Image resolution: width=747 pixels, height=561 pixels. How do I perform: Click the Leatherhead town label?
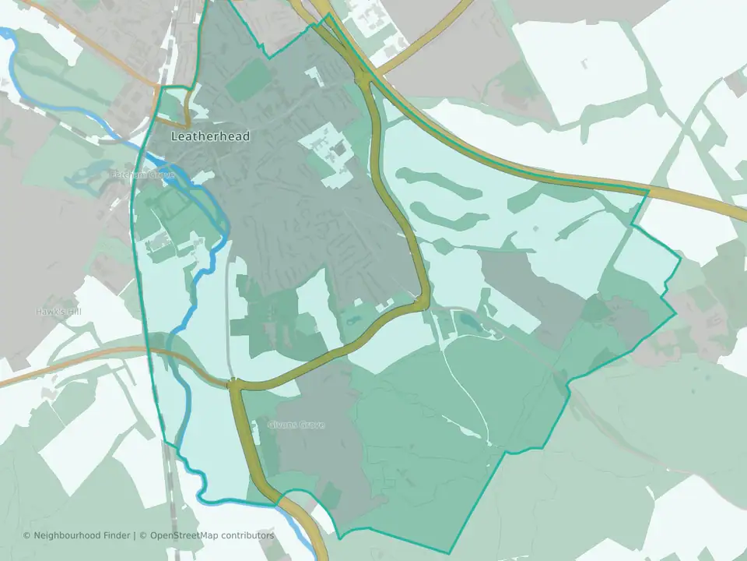point(210,136)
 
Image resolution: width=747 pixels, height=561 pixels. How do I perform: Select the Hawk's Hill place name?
point(58,312)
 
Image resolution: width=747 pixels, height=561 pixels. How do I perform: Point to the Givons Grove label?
point(296,425)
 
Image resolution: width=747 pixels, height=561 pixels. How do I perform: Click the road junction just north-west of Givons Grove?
point(233,383)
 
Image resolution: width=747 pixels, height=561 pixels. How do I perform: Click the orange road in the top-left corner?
point(78,39)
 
